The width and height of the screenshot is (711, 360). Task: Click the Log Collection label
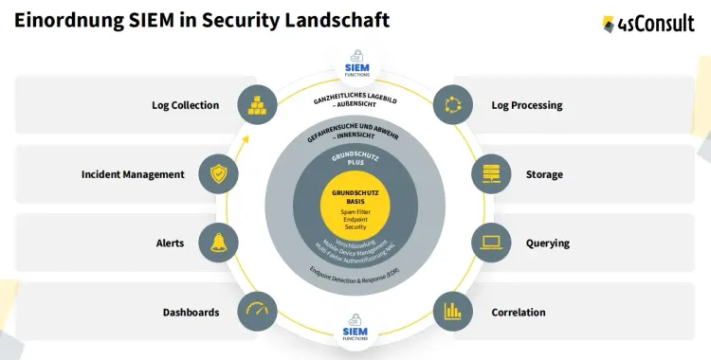pyautogui.click(x=185, y=105)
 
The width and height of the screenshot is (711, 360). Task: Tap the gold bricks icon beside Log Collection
pyautogui.click(x=257, y=105)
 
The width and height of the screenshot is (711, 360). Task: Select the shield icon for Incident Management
pyautogui.click(x=218, y=174)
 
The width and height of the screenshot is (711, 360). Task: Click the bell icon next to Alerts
pyautogui.click(x=218, y=243)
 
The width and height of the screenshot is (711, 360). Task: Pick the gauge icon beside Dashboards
pyautogui.click(x=257, y=312)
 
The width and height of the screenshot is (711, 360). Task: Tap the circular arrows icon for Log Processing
pyautogui.click(x=453, y=105)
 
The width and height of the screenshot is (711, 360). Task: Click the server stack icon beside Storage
pyautogui.click(x=492, y=174)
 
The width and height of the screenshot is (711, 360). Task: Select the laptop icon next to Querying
pyautogui.click(x=492, y=243)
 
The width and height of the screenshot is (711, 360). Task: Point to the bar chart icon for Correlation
pyautogui.click(x=453, y=312)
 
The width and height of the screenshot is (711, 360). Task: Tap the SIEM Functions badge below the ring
pyautogui.click(x=355, y=333)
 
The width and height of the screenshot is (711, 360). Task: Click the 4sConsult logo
pyautogui.click(x=648, y=23)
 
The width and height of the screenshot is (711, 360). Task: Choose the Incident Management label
pyautogui.click(x=133, y=174)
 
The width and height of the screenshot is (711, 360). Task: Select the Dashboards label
pyautogui.click(x=191, y=313)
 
